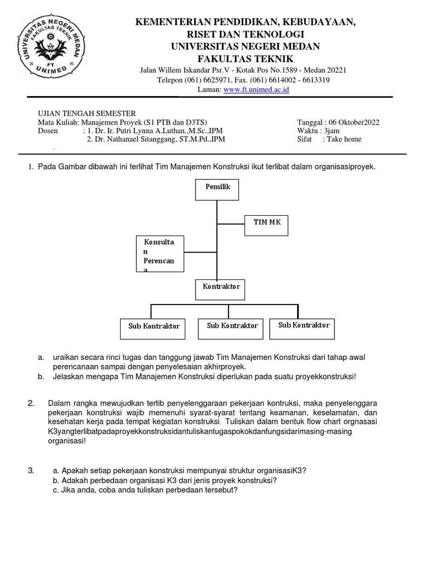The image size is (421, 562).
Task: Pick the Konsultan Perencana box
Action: [160, 254]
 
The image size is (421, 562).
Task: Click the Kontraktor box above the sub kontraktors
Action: [221, 289]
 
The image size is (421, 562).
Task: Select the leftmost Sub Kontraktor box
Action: [154, 328]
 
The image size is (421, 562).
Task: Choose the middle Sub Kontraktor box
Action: [232, 328]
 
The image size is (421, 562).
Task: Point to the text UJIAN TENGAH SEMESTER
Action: [87, 113]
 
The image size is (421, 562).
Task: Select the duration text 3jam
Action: [331, 131]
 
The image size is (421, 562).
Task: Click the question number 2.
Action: [31, 404]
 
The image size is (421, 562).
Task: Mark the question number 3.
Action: [31, 471]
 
